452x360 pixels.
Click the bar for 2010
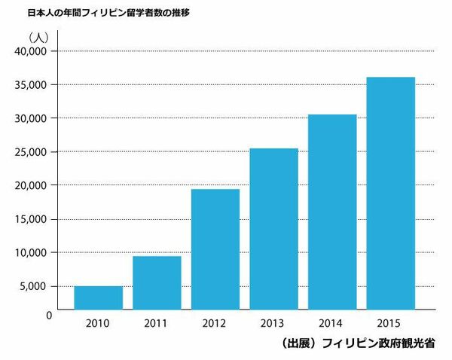(x=98, y=297)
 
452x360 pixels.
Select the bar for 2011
(x=157, y=282)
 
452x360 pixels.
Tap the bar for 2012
(x=215, y=249)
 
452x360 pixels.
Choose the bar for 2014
(x=332, y=211)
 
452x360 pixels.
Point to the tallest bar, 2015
(x=391, y=193)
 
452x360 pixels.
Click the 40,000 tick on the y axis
(x=31, y=51)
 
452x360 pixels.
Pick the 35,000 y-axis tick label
(x=31, y=84)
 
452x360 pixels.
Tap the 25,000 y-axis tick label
(x=31, y=151)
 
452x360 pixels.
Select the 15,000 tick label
(x=31, y=218)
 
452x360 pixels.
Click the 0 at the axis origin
(x=46, y=314)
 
